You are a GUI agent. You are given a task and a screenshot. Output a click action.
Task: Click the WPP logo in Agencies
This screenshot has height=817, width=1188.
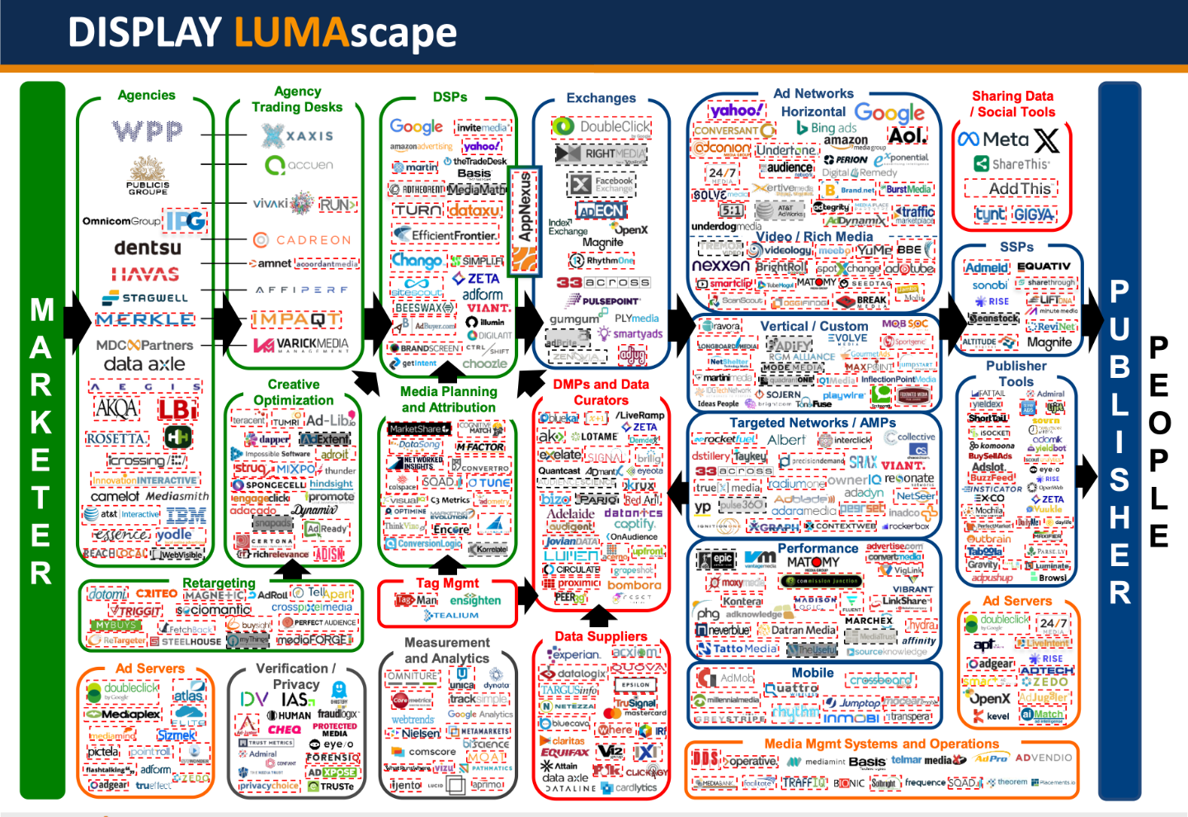(148, 130)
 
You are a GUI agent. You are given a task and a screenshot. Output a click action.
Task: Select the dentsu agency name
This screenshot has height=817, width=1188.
(148, 248)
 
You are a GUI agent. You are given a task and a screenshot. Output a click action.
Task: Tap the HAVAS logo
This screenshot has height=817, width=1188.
(145, 274)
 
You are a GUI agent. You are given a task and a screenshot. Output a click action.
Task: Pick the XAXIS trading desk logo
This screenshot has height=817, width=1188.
(297, 135)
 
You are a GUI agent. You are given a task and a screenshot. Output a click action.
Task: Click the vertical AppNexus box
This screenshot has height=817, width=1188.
(524, 221)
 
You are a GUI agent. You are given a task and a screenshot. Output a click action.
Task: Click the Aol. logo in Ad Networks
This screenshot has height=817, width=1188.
(907, 135)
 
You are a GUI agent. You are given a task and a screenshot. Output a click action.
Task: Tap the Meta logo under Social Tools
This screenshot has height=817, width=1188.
(993, 139)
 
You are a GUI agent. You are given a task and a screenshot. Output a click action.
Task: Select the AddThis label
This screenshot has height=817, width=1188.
(1020, 189)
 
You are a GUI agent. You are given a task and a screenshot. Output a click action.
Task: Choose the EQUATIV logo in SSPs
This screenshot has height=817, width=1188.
(1044, 267)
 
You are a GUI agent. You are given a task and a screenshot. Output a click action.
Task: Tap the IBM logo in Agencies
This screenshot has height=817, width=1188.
(186, 516)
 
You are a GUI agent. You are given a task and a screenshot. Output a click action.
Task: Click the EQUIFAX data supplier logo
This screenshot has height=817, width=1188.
(564, 753)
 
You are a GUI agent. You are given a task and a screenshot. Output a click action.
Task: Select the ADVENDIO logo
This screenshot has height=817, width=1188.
(1044, 758)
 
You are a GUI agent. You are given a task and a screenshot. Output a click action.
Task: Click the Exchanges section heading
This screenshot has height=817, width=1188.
(601, 98)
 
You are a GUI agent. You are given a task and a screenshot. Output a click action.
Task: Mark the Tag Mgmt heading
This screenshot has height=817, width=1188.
(447, 583)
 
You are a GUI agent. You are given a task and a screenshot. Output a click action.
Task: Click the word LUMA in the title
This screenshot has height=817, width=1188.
(288, 33)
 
